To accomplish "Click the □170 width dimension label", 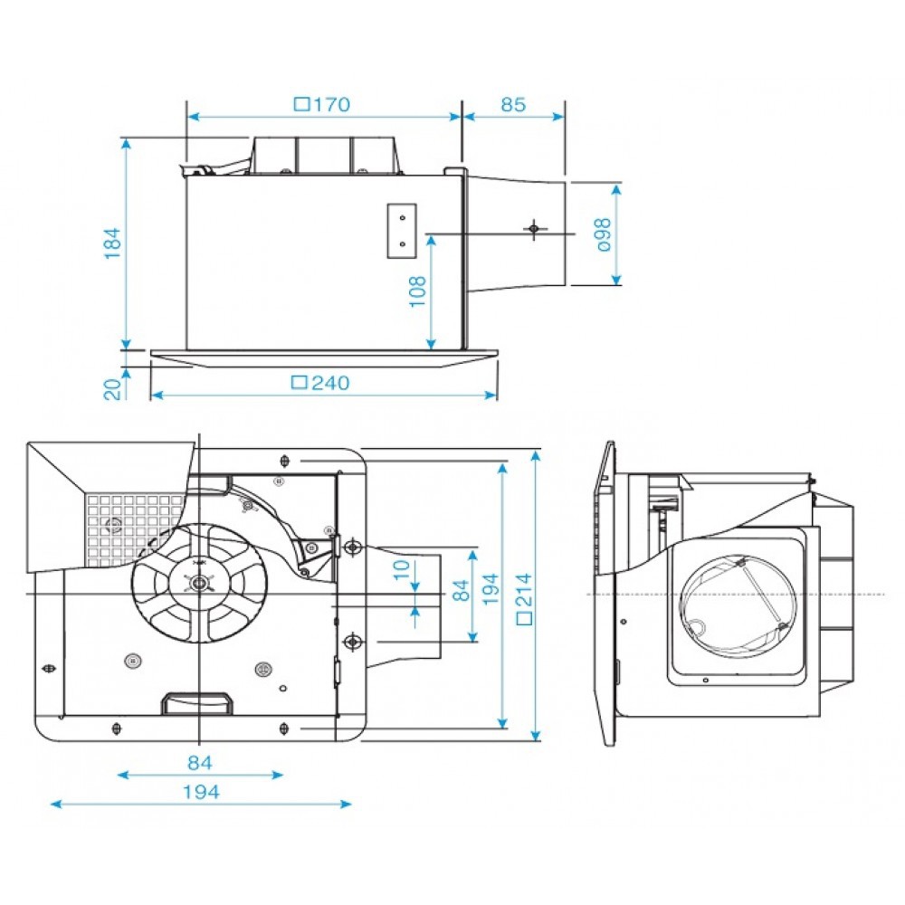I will [x=322, y=105].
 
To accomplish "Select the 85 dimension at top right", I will [x=512, y=105].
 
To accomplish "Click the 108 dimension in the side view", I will [x=418, y=291].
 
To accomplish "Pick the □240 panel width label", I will [x=320, y=383].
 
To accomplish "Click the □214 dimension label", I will [x=523, y=598].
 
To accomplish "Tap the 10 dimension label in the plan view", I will [x=403, y=572].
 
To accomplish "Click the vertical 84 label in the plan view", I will [x=461, y=591].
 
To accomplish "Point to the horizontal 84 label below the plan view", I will [x=200, y=762].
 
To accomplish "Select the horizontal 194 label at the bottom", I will [x=200, y=792].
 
